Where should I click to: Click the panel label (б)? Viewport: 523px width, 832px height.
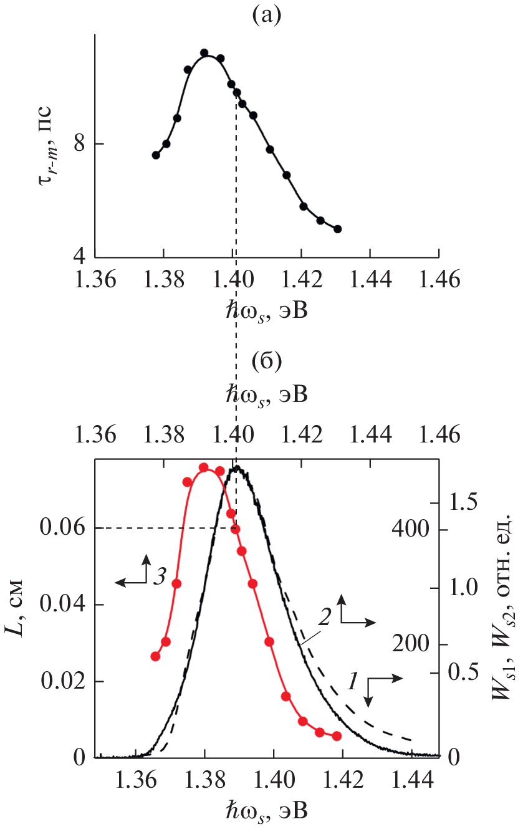267,361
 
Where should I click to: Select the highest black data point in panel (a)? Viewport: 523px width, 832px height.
204,53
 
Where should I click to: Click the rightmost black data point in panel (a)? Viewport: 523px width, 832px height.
338,229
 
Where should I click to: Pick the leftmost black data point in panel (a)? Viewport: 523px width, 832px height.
156,155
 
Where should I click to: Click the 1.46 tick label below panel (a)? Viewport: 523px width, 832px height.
439,279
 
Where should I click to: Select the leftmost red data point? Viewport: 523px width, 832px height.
156,656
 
